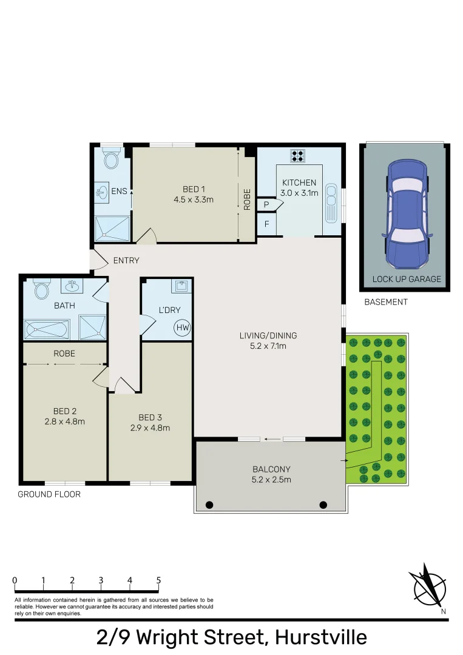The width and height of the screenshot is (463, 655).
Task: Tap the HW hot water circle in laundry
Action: tap(181, 328)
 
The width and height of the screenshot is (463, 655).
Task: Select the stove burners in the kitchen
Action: tap(298, 156)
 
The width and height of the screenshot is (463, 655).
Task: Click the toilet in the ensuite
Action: tap(110, 160)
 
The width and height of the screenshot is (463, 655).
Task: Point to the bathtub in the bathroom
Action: tap(47, 330)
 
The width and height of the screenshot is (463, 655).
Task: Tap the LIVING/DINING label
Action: tap(268, 335)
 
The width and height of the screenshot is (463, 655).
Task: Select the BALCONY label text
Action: tap(271, 469)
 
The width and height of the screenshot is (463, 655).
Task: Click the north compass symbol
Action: tap(430, 585)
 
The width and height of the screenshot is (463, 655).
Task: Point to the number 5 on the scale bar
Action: tap(158, 580)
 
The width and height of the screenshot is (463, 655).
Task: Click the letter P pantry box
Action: tap(266, 206)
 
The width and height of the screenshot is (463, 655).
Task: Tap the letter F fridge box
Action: tap(266, 224)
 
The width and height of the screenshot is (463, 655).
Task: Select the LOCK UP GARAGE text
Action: tap(406, 280)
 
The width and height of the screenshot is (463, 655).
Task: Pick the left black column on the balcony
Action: tap(209, 505)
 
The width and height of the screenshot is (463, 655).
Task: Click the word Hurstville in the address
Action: tap(321, 637)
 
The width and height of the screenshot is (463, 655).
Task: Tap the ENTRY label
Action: tap(126, 261)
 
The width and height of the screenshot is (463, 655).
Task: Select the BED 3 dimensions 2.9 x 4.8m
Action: tap(149, 428)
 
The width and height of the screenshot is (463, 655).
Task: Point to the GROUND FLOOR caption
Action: tap(49, 494)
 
